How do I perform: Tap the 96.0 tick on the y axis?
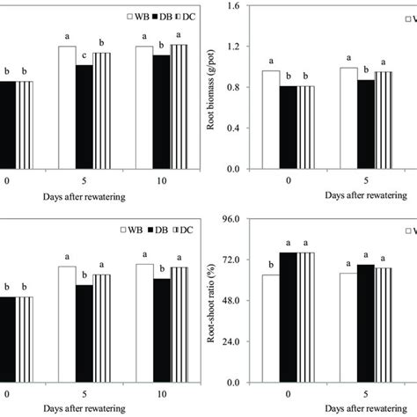point(230,218)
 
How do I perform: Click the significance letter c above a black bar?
point(84,58)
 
